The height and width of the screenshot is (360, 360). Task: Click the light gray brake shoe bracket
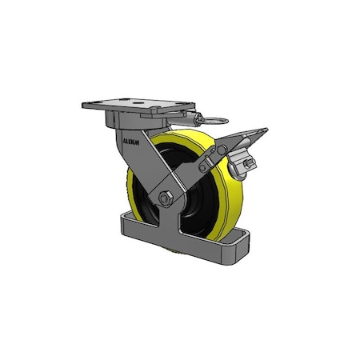click(x=240, y=168)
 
